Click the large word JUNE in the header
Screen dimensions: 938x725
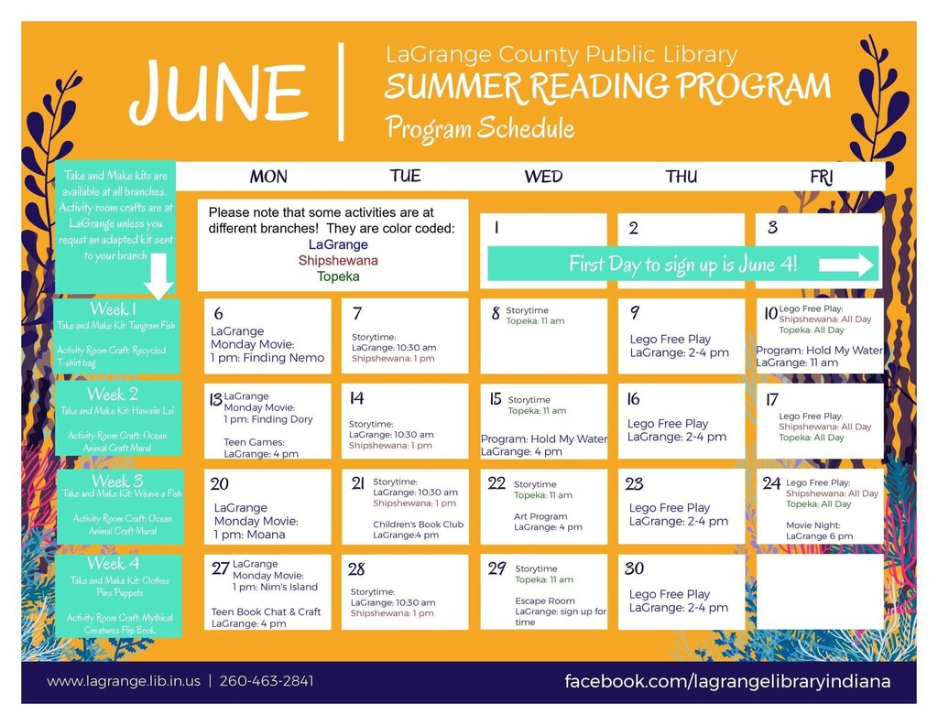[x=219, y=92]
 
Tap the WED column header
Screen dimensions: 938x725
[x=543, y=177]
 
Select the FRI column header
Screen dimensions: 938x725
[x=821, y=177]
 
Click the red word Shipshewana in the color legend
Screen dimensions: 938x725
[x=338, y=261]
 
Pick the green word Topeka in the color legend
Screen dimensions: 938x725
[x=338, y=276]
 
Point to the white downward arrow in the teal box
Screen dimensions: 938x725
[x=158, y=276]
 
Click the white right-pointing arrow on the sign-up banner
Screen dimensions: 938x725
[x=845, y=265]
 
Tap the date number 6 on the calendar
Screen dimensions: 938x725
[x=218, y=313]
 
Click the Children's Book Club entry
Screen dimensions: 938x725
[x=418, y=529]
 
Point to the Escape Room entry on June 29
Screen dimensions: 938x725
[x=561, y=611]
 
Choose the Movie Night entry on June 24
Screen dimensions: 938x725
[x=820, y=531]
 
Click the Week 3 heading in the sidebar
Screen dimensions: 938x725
[x=117, y=481]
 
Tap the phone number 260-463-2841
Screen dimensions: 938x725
[x=267, y=681]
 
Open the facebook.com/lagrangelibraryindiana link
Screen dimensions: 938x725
[x=727, y=681]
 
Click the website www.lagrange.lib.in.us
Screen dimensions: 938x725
[x=124, y=681]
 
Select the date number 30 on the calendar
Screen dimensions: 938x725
[x=634, y=568]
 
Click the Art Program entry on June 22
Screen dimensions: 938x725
[x=548, y=522]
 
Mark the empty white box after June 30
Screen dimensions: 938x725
[x=820, y=591]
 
